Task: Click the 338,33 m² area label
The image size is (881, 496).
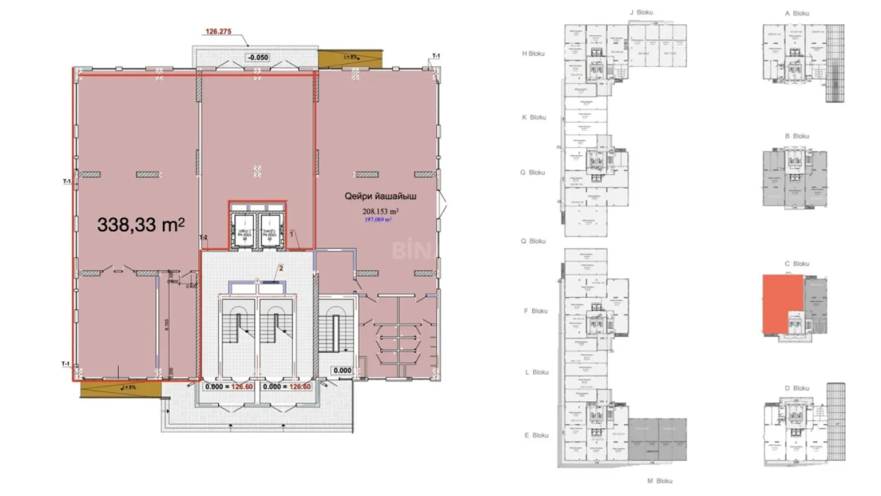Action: pyautogui.click(x=141, y=224)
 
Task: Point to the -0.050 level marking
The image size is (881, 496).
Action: pyautogui.click(x=258, y=58)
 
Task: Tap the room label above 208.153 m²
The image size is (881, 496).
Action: pyautogui.click(x=380, y=197)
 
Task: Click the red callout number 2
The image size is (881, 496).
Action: pyautogui.click(x=281, y=268)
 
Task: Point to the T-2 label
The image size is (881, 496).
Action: pyautogui.click(x=203, y=238)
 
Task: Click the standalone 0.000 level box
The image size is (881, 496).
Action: pyautogui.click(x=342, y=371)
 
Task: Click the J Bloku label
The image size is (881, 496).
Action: pyautogui.click(x=641, y=12)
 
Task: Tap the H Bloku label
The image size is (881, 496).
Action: pyautogui.click(x=533, y=53)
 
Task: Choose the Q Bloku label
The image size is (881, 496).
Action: pyautogui.click(x=533, y=241)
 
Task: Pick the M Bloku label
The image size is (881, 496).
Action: pyautogui.click(x=660, y=480)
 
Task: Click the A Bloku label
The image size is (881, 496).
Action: pyautogui.click(x=797, y=13)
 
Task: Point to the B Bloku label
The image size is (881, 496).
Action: pyautogui.click(x=797, y=136)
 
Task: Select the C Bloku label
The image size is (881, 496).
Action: pyautogui.click(x=797, y=263)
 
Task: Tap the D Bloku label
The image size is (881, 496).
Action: pyautogui.click(x=797, y=388)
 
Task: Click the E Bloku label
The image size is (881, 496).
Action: pyautogui.click(x=537, y=435)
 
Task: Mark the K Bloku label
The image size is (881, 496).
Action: pyautogui.click(x=533, y=117)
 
